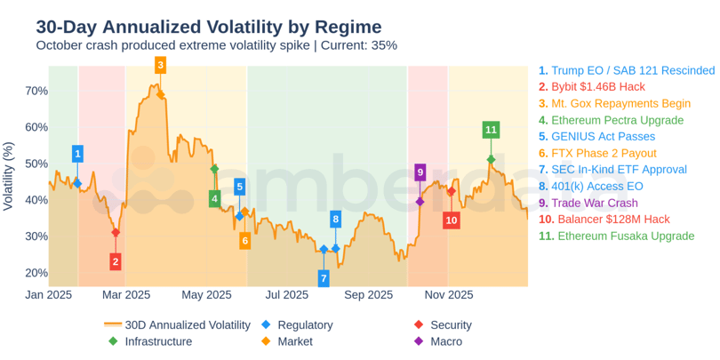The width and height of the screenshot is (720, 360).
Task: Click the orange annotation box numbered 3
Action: [160, 65]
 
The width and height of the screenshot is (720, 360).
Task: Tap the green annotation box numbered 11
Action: [491, 130]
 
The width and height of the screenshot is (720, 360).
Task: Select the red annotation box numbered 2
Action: [116, 261]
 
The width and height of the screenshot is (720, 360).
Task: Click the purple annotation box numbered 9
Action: [420, 172]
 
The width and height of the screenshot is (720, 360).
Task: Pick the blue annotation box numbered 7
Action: [324, 278]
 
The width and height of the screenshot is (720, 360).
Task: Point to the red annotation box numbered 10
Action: [452, 220]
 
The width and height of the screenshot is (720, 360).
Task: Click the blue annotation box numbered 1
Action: [77, 154]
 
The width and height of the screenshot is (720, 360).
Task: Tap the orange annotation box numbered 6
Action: [244, 241]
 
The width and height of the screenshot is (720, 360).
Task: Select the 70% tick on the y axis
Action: [36, 91]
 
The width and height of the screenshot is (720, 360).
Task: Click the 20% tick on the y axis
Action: [36, 273]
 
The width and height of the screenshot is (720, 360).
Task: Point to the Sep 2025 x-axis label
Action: [368, 295]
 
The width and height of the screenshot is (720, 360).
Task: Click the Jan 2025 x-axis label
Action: [48, 295]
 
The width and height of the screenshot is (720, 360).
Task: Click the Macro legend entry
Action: [445, 341]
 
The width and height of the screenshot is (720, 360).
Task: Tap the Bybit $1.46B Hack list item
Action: [597, 87]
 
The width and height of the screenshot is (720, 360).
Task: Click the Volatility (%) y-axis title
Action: [9, 176]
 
